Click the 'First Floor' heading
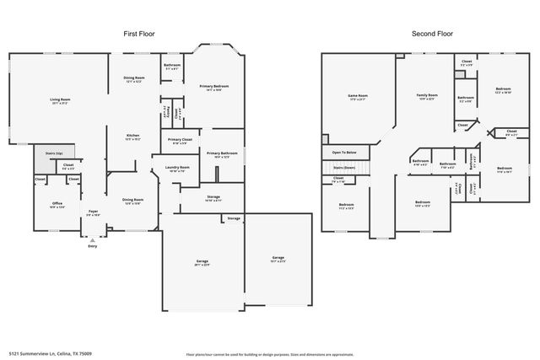pos(139,34)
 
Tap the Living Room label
pos(59,101)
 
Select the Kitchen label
pos(132,137)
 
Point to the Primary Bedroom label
pos(216,88)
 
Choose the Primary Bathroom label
pos(221,154)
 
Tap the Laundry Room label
pos(177,169)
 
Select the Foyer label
pos(94,213)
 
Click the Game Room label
pos(359,97)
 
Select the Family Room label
pos(427,97)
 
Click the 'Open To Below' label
pos(344,153)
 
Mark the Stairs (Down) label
pos(344,167)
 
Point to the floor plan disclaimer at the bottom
pos(271,354)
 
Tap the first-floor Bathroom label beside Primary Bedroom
pos(171,67)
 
